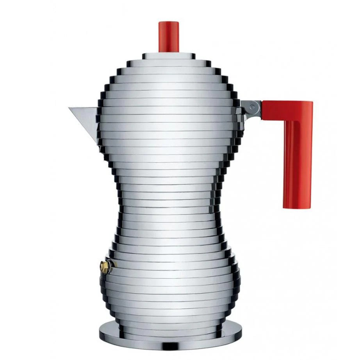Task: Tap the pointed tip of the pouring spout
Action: click(x=70, y=108)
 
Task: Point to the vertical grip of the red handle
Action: click(x=298, y=164)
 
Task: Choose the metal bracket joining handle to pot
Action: click(x=250, y=108)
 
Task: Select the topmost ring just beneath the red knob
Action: click(x=169, y=55)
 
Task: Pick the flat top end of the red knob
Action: click(x=169, y=23)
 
